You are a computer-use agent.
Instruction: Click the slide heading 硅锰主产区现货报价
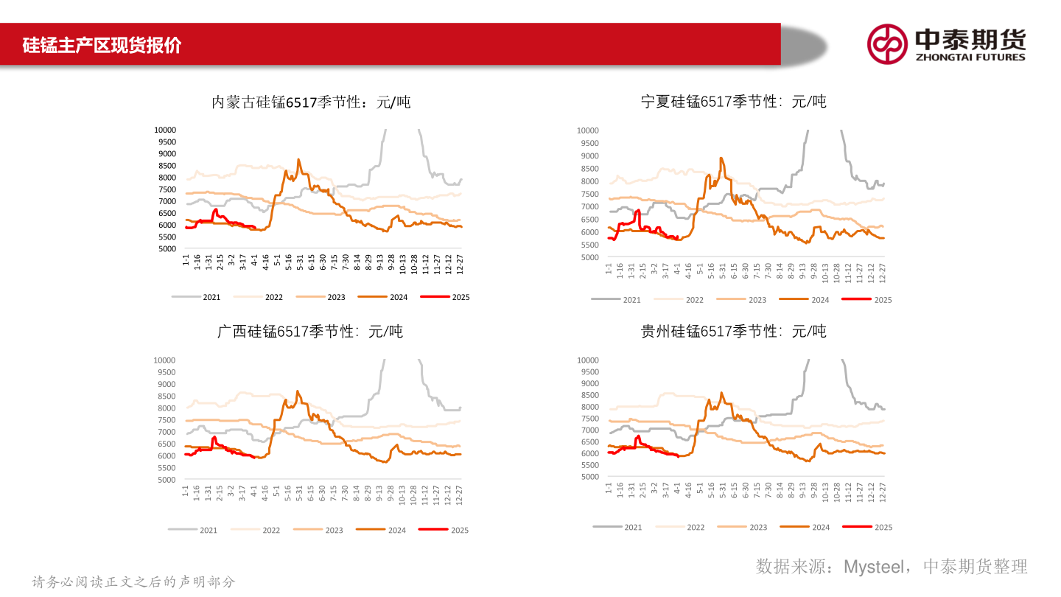(102, 45)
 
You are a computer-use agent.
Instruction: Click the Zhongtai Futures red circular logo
(887, 44)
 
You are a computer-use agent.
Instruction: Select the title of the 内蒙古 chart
(311, 102)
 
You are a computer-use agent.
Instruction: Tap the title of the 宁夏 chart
(734, 102)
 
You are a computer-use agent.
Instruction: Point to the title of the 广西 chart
(310, 332)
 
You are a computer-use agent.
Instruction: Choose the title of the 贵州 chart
(734, 332)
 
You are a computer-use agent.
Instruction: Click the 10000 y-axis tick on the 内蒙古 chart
(165, 130)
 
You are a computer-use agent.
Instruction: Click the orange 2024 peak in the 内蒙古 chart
(298, 159)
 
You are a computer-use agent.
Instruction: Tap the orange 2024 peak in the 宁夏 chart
(721, 158)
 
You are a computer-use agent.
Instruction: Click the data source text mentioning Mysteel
(891, 566)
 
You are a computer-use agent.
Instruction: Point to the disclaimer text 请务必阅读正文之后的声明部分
(133, 582)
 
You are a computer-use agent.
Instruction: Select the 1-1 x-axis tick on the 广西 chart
(186, 490)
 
